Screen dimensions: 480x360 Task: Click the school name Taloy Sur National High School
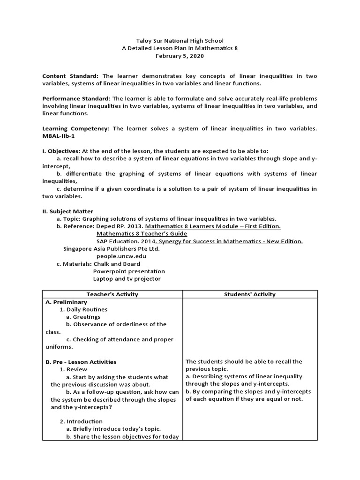pyautogui.click(x=180, y=41)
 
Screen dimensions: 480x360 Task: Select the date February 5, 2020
pyautogui.click(x=180, y=56)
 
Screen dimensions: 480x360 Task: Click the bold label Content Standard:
pyautogui.click(x=71, y=76)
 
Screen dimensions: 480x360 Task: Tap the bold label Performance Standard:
pyautogui.click(x=76, y=98)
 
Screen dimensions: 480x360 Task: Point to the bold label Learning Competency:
pyautogui.click(x=76, y=128)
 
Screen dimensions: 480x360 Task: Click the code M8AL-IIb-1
pyautogui.click(x=59, y=136)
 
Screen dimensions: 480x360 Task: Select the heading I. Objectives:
pyautogui.click(x=61, y=151)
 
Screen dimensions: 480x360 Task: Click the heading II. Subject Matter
pyautogui.click(x=67, y=211)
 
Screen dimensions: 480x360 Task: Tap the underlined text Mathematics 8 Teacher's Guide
pyautogui.click(x=142, y=233)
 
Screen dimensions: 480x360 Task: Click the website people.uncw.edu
pyautogui.click(x=121, y=256)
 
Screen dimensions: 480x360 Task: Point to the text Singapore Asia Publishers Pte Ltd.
pyautogui.click(x=112, y=248)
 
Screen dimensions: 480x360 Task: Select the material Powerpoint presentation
pyautogui.click(x=129, y=271)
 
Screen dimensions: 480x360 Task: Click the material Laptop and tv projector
pyautogui.click(x=127, y=278)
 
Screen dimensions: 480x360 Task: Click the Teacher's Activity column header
pyautogui.click(x=112, y=294)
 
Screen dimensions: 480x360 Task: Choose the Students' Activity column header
pyautogui.click(x=250, y=294)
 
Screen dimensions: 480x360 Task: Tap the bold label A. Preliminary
pyautogui.click(x=66, y=302)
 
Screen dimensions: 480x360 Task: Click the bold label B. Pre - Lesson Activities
pyautogui.click(x=81, y=362)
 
